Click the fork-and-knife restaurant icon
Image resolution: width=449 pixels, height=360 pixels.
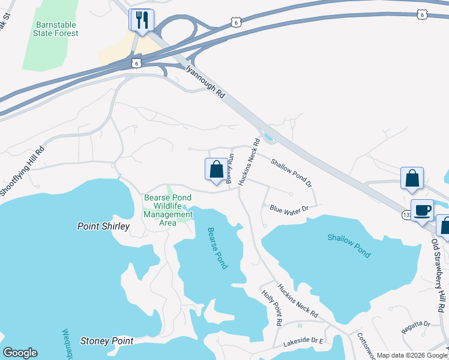click(x=142, y=20)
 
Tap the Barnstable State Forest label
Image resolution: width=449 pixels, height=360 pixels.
click(x=57, y=29)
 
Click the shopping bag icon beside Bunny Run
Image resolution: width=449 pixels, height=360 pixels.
click(x=216, y=169)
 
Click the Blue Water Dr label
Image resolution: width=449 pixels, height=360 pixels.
click(x=289, y=209)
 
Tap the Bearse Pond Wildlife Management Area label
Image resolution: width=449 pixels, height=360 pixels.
click(x=168, y=210)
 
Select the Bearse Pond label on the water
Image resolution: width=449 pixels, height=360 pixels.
click(x=217, y=247)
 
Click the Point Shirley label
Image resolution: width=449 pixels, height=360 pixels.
click(x=103, y=226)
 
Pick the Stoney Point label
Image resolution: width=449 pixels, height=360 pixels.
click(x=107, y=341)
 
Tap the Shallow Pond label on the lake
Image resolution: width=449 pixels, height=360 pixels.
click(x=349, y=245)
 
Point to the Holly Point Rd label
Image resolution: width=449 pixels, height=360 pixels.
click(x=272, y=307)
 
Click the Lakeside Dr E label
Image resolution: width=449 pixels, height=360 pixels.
click(x=303, y=343)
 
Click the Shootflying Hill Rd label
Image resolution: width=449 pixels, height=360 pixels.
click(x=23, y=172)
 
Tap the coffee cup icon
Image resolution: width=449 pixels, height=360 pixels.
click(x=421, y=210)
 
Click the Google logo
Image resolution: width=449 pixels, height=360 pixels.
click(x=20, y=353)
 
